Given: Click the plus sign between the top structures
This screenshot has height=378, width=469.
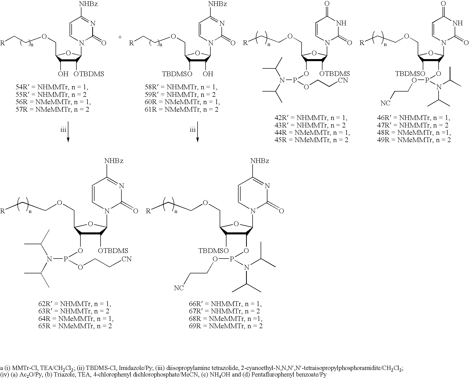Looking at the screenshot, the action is pyautogui.click(x=120, y=37).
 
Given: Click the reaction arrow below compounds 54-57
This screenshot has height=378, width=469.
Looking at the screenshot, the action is pyautogui.click(x=68, y=132).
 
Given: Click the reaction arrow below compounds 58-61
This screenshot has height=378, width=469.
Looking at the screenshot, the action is pyautogui.click(x=198, y=132).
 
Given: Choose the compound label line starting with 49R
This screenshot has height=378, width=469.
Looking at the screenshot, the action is pyautogui.click(x=414, y=140).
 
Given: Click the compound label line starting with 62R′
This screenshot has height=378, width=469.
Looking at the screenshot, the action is pyautogui.click(x=73, y=304).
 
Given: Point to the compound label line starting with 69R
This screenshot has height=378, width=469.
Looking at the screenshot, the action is pyautogui.click(x=225, y=326).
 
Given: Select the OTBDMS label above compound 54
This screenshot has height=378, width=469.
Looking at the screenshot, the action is pyautogui.click(x=89, y=74).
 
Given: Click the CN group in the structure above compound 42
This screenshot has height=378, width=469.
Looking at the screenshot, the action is pyautogui.click(x=343, y=81).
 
